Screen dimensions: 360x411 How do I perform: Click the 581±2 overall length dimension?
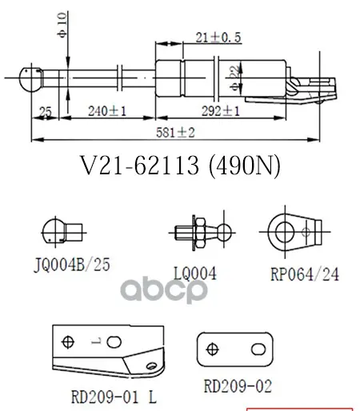tap(175, 133)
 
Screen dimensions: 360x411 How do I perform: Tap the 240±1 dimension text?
tap(107, 111)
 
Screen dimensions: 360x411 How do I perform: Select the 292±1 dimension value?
tap(221, 111)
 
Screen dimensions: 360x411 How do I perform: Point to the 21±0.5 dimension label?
tap(218, 38)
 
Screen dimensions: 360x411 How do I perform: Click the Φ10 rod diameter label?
tap(62, 26)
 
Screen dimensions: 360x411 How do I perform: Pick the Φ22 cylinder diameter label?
tap(235, 78)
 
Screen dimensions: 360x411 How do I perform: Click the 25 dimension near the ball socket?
tap(45, 111)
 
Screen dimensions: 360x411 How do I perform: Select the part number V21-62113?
tap(139, 166)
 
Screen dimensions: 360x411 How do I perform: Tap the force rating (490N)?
tap(245, 166)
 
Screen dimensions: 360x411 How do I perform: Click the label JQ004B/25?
tap(72, 265)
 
